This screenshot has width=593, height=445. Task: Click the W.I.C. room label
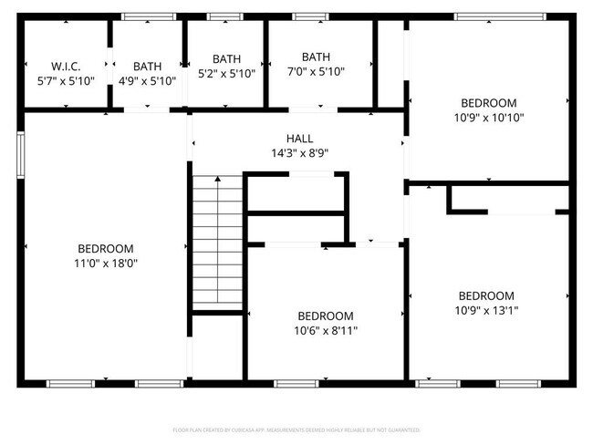pyautogui.click(x=67, y=67)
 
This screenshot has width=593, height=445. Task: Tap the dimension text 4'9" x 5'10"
pyautogui.click(x=147, y=80)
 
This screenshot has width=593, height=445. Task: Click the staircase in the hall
pyautogui.click(x=217, y=242)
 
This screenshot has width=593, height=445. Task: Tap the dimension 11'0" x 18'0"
pyautogui.click(x=106, y=263)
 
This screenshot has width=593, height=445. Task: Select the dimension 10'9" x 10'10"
pyautogui.click(x=488, y=117)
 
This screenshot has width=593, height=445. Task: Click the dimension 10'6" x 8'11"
pyautogui.click(x=325, y=330)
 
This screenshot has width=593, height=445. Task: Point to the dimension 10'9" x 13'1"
pyautogui.click(x=486, y=310)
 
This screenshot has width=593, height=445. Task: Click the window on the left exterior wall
pyautogui.click(x=19, y=151)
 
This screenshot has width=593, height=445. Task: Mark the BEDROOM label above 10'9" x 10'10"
pyautogui.click(x=488, y=103)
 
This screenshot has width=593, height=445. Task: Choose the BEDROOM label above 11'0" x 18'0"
pyautogui.click(x=106, y=248)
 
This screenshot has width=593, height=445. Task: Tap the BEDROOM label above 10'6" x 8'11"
pyautogui.click(x=325, y=316)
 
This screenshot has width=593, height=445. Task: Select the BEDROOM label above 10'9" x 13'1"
pyautogui.click(x=486, y=295)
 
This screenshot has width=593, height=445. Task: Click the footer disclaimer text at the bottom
pyautogui.click(x=296, y=429)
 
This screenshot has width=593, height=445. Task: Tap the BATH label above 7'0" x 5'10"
pyautogui.click(x=316, y=57)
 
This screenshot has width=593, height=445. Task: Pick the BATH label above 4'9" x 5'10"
pyautogui.click(x=147, y=67)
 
